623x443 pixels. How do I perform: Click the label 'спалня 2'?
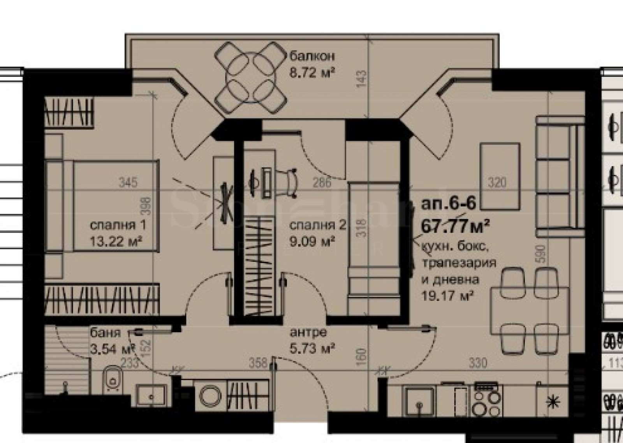pyautogui.click(x=318, y=225)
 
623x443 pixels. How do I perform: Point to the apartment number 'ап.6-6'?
pyautogui.click(x=448, y=204)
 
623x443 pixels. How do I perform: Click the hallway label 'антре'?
pyautogui.click(x=308, y=332)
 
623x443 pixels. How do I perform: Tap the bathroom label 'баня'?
pyautogui.click(x=105, y=333)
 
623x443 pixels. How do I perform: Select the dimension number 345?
pyautogui.click(x=128, y=182)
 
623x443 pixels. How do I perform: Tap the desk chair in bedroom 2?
pyautogui.click(x=290, y=181)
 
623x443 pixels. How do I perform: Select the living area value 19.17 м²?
pyautogui.click(x=447, y=295)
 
